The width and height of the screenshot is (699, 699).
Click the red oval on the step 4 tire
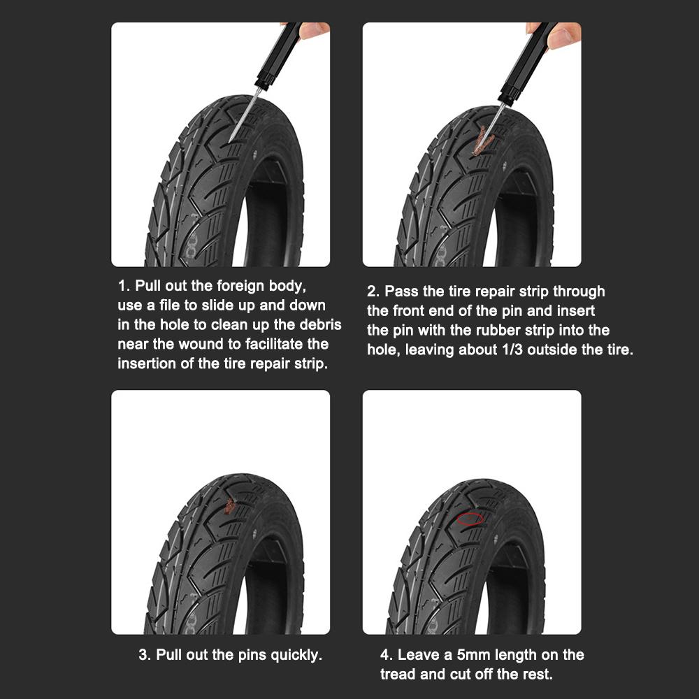(x=470, y=519)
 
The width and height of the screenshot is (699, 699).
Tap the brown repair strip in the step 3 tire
(x=229, y=505)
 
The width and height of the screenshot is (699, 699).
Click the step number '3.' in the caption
(x=145, y=655)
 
